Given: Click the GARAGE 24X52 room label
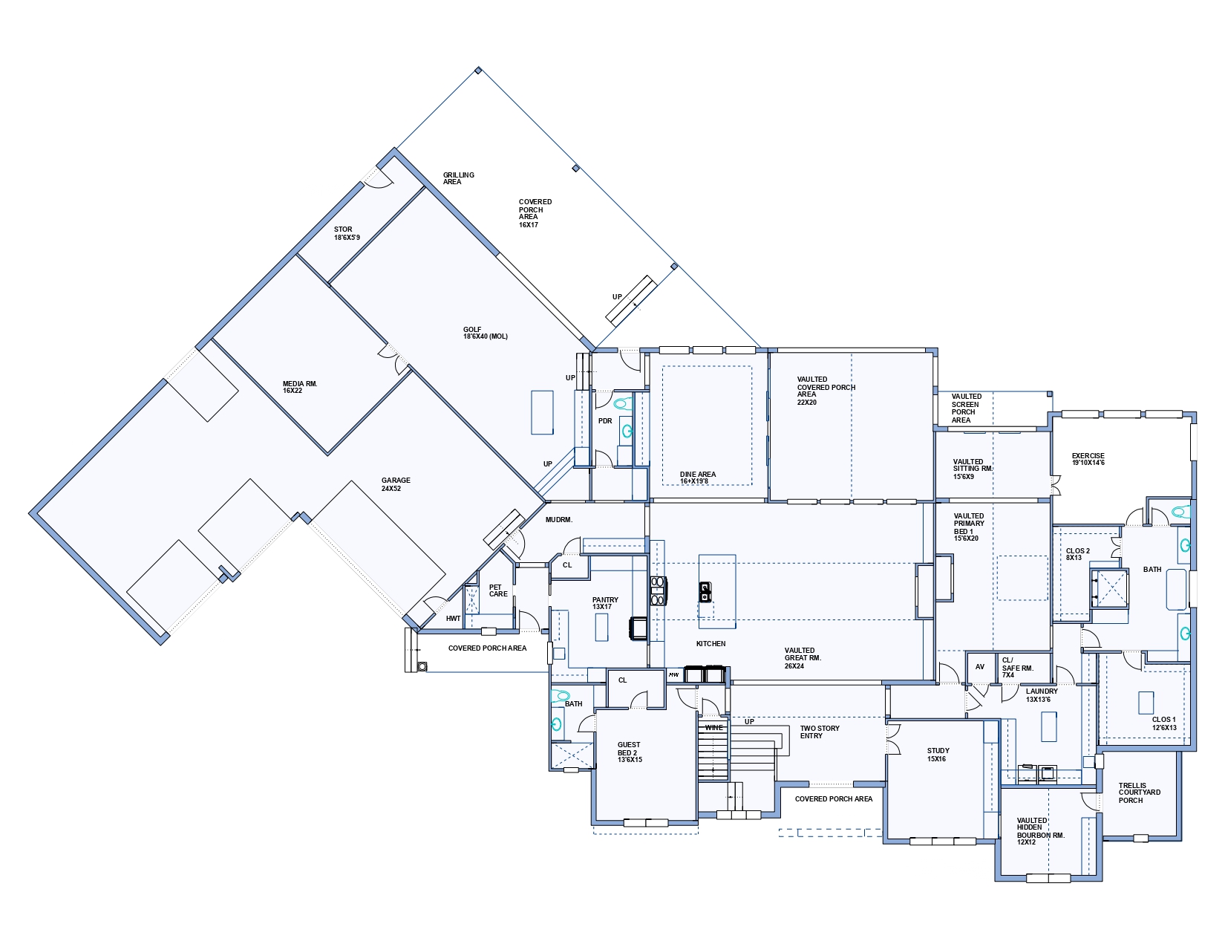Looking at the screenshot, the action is [x=396, y=484].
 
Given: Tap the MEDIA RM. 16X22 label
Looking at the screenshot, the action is [x=300, y=387].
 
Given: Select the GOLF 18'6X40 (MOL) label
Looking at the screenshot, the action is [x=486, y=333].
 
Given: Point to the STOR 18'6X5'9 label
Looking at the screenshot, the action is [x=347, y=233].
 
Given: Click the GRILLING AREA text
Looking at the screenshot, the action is [x=458, y=178].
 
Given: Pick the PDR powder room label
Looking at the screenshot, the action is [x=605, y=420].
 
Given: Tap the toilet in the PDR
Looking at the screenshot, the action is [x=621, y=403].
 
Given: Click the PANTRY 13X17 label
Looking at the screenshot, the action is [x=605, y=603].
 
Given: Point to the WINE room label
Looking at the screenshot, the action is [x=713, y=728].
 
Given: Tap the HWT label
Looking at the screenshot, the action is [x=453, y=618].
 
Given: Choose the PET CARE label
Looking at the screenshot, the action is [x=498, y=590].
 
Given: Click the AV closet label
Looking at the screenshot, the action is [x=980, y=667].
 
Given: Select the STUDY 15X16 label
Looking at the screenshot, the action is [x=938, y=755].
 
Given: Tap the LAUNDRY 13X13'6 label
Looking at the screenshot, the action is [x=1042, y=695].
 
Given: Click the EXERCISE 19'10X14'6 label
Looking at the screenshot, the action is [x=1088, y=459].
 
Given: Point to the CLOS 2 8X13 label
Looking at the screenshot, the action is [x=1077, y=554].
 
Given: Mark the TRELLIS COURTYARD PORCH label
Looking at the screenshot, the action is [x=1140, y=793].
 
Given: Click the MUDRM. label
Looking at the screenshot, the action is [x=558, y=519].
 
